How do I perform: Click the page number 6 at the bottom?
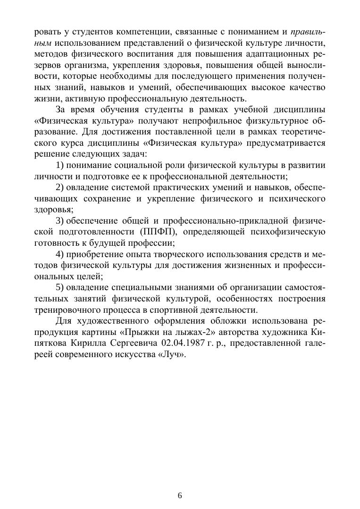[180, 495]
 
